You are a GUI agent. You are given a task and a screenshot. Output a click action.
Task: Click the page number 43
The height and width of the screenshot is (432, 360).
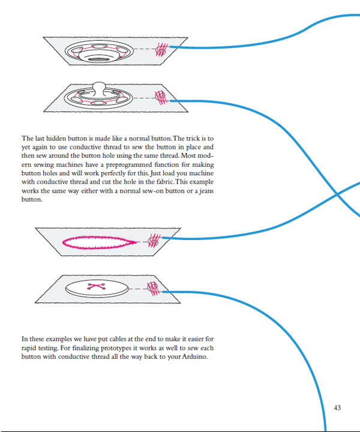337,407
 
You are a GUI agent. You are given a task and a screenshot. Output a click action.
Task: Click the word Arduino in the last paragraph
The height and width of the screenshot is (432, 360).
194,356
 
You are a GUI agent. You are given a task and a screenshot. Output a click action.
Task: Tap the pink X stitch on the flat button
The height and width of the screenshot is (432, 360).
96,286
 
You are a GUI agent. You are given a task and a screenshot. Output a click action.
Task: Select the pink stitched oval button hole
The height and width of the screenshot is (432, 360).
99,242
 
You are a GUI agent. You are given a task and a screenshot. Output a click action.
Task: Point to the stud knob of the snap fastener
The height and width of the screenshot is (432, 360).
99,88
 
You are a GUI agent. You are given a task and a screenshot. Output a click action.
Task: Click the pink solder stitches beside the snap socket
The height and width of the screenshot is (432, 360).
161,50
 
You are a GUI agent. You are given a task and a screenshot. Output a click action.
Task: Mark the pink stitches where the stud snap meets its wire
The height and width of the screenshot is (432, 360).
161,98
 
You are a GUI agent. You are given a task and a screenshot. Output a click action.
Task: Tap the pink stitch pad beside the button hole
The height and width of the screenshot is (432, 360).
154,241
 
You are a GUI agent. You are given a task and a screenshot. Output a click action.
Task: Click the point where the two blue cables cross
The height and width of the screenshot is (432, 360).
337,194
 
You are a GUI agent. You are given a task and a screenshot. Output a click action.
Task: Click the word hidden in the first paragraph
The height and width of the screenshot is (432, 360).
56,138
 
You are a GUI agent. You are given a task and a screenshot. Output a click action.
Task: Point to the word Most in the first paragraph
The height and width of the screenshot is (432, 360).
188,155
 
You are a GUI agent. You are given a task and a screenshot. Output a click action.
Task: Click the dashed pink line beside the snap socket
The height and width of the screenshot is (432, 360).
145,49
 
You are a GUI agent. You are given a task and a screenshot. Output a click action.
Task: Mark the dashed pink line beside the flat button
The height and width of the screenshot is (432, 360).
138,289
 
